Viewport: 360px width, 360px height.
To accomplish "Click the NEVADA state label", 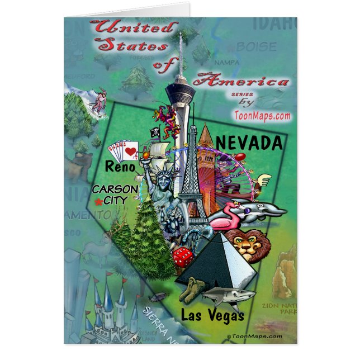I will click(249, 143).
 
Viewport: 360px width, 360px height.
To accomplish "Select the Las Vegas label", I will click(212, 315).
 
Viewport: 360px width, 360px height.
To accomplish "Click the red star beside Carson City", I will click(100, 200).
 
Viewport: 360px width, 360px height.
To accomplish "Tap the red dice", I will click(181, 258).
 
